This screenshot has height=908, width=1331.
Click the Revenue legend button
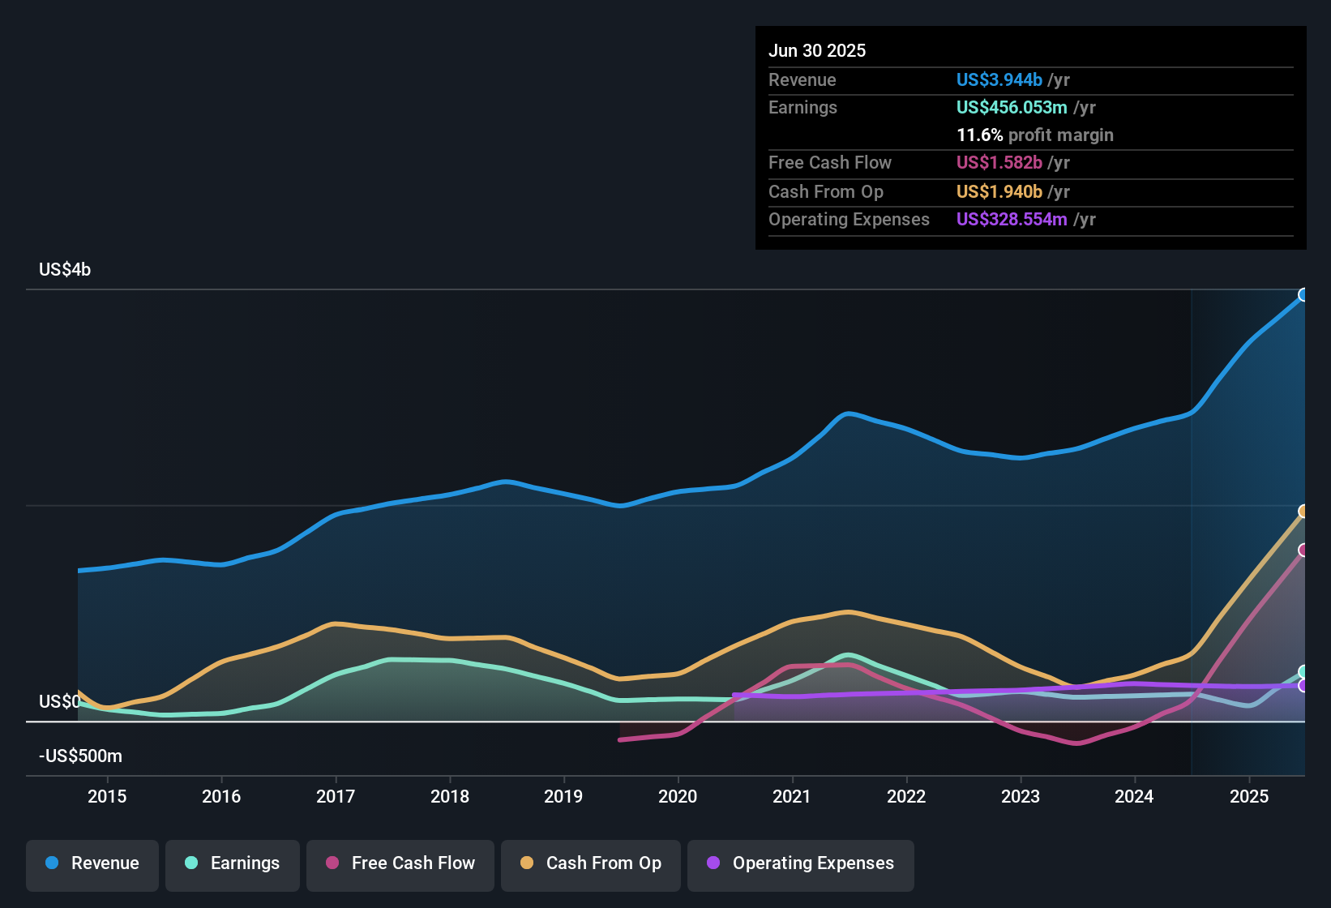pyautogui.click(x=92, y=863)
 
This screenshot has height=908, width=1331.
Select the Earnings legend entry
pyautogui.click(x=233, y=863)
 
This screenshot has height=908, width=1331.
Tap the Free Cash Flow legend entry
pyautogui.click(x=400, y=863)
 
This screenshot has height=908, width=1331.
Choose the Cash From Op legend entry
pyautogui.click(x=591, y=863)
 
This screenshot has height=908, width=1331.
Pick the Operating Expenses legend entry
pyautogui.click(x=801, y=863)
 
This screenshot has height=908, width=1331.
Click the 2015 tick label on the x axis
pyautogui.click(x=107, y=796)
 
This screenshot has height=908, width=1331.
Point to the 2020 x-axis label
pyautogui.click(x=678, y=796)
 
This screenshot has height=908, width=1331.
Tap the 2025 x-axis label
pyautogui.click(x=1249, y=796)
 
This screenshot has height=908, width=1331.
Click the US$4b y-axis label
pyautogui.click(x=65, y=270)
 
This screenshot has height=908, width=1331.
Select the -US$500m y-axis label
pyautogui.click(x=80, y=756)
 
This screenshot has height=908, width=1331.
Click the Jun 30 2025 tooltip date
pyautogui.click(x=817, y=51)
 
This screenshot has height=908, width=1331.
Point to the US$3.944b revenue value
pyautogui.click(x=999, y=80)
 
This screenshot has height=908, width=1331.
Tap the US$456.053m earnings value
pyautogui.click(x=1012, y=108)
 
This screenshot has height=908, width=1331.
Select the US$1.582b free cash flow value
pyautogui.click(x=999, y=163)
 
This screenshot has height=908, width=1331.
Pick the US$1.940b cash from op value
pyautogui.click(x=999, y=192)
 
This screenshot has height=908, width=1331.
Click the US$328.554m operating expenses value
pyautogui.click(x=1012, y=220)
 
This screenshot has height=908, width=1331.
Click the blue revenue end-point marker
pyautogui.click(x=1303, y=294)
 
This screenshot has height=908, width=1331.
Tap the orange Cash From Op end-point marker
pyautogui.click(x=1303, y=512)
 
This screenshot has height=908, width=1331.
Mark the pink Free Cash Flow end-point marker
pyautogui.click(x=1303, y=550)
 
